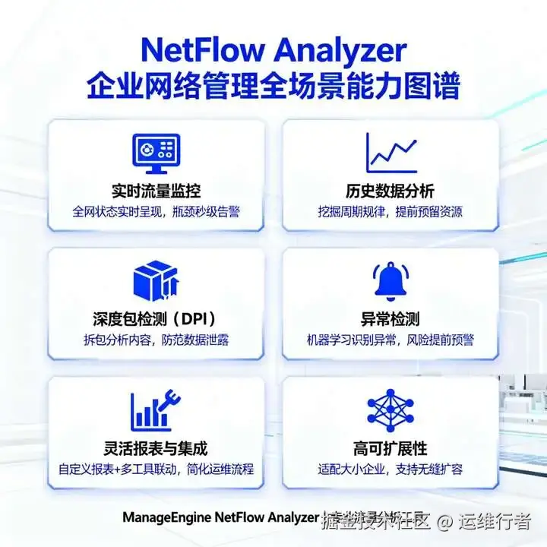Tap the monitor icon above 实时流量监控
tap(156, 151)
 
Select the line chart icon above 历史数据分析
tap(390, 151)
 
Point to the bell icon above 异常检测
tap(390, 280)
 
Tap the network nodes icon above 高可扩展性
tap(390, 409)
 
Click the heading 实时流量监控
tap(156, 190)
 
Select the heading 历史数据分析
tap(390, 190)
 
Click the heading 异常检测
tap(390, 318)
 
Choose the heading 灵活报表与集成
tap(156, 447)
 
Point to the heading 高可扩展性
tap(390, 447)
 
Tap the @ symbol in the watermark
tap(444, 521)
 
